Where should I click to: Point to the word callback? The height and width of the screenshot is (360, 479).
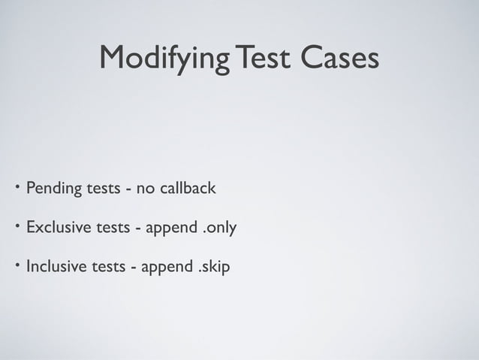pyautogui.click(x=185, y=187)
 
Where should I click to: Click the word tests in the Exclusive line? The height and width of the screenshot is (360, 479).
pyautogui.click(x=113, y=227)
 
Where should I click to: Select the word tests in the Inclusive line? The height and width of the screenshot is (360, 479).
pyautogui.click(x=108, y=266)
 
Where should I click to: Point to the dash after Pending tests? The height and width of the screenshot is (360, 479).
pyautogui.click(x=129, y=189)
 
